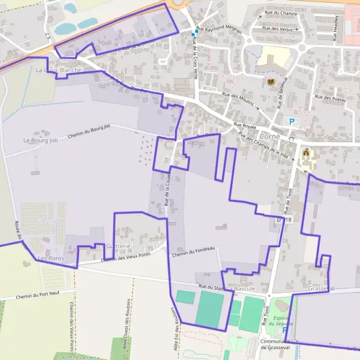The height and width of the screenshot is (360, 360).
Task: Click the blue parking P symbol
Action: [x=292, y=121]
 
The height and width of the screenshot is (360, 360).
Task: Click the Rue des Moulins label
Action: [x=238, y=99]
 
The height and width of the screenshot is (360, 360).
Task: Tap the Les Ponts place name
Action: [x=50, y=258]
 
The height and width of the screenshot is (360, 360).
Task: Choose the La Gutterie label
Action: [x=113, y=247]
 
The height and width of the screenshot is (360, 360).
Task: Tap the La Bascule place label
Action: [x=241, y=289]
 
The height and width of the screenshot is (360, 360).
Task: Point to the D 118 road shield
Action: [x=284, y=220]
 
